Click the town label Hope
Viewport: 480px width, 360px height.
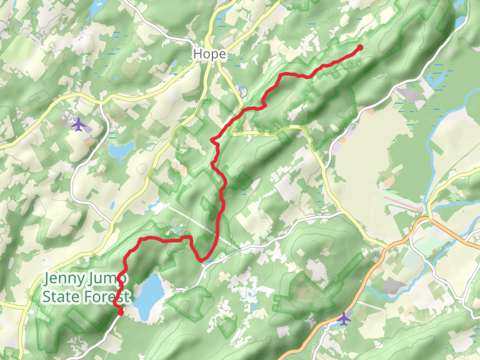209,54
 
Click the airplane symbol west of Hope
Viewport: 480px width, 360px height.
78,124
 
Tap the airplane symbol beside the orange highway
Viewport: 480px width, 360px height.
343,318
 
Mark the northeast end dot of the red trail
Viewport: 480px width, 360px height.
360,47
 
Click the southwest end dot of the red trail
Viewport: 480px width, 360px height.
120,312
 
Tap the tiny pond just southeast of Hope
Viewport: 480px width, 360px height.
242,92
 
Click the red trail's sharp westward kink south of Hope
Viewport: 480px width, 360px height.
212,140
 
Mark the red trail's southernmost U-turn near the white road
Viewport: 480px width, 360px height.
203,259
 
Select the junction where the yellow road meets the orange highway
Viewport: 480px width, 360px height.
388,246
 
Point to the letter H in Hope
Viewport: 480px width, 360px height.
197,54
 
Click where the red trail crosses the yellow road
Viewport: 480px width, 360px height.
229,127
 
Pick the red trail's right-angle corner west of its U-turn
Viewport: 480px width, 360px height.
191,238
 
